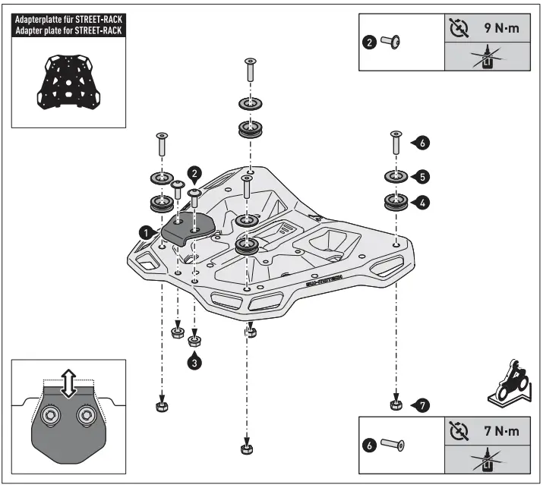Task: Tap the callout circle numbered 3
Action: click(x=196, y=362)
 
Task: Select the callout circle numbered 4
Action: click(x=423, y=203)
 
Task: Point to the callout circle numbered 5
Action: click(x=423, y=176)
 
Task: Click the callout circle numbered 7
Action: click(x=423, y=405)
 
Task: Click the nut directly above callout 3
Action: click(x=195, y=338)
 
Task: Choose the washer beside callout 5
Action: click(x=395, y=178)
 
